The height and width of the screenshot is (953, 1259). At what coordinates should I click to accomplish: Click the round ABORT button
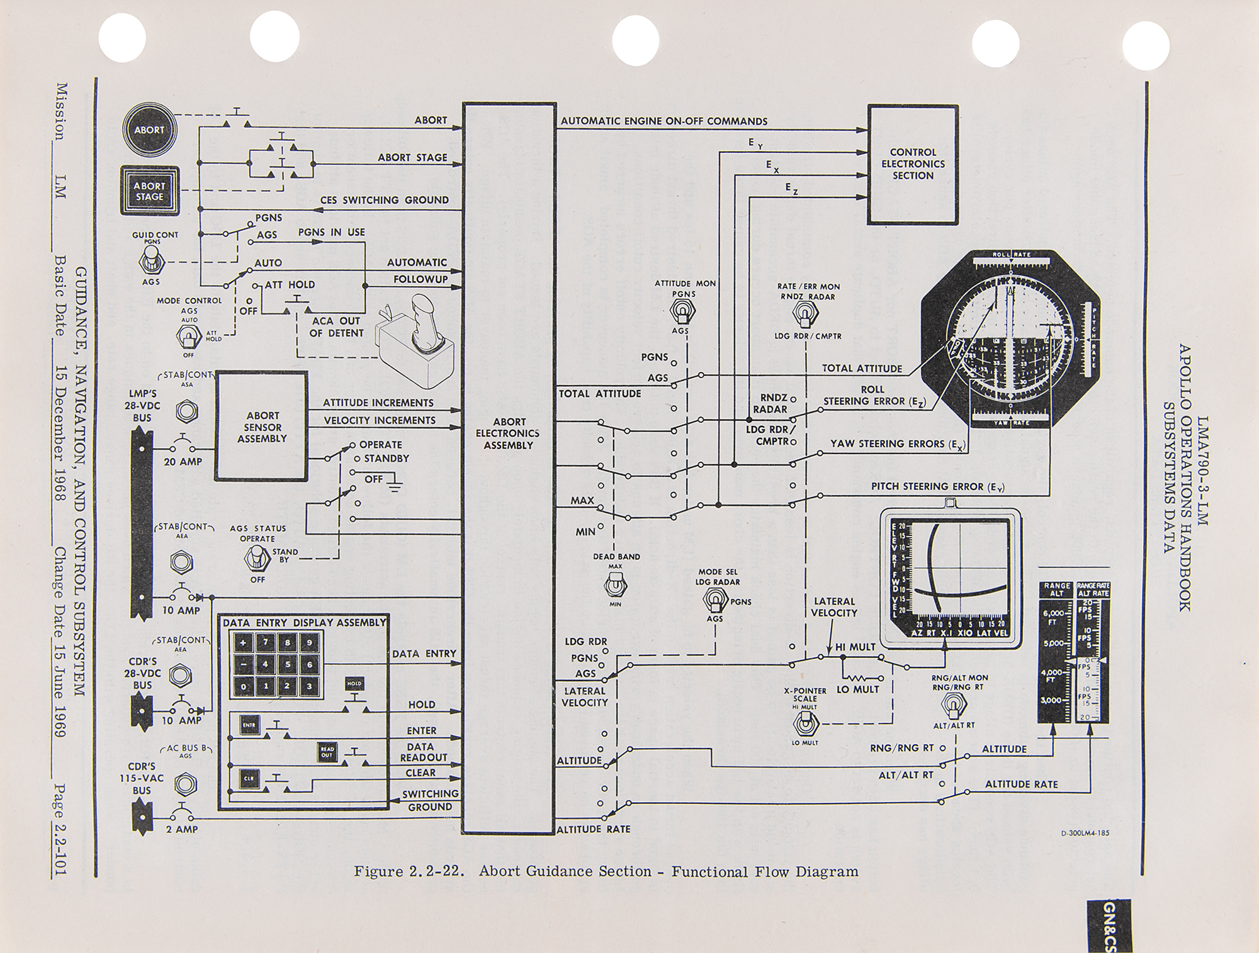(149, 130)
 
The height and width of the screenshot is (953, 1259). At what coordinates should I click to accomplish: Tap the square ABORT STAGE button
(149, 191)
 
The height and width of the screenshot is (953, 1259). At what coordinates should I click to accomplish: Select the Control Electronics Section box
(913, 164)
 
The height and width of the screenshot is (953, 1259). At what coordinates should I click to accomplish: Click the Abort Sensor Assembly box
(262, 427)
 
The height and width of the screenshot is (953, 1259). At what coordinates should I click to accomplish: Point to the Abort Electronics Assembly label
(508, 433)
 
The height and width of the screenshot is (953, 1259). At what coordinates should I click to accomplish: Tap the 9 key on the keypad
(308, 643)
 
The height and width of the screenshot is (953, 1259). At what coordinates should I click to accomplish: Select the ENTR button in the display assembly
(249, 725)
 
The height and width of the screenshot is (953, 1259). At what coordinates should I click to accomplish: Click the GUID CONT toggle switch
(151, 259)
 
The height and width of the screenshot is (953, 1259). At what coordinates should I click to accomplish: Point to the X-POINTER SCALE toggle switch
(805, 725)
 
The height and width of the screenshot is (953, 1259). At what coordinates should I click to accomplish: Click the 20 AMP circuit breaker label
(183, 462)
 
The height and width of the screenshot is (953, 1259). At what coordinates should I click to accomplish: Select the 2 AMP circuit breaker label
(182, 830)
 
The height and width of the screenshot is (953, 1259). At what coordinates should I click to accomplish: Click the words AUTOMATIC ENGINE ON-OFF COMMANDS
(664, 121)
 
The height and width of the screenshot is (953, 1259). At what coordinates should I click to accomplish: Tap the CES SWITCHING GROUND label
(385, 200)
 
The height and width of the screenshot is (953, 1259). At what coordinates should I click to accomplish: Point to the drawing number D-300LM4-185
(1085, 833)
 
